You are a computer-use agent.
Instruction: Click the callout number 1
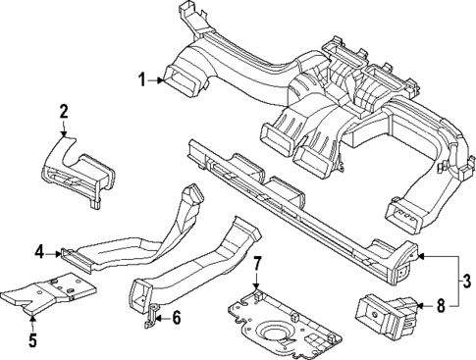(x=141, y=78)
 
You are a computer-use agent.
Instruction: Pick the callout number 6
(x=177, y=317)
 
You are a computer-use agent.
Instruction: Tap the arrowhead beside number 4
(x=58, y=253)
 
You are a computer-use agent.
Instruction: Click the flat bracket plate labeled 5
(x=49, y=292)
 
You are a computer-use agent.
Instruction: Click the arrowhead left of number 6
(x=160, y=316)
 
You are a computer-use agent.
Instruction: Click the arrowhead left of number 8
(x=421, y=307)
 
